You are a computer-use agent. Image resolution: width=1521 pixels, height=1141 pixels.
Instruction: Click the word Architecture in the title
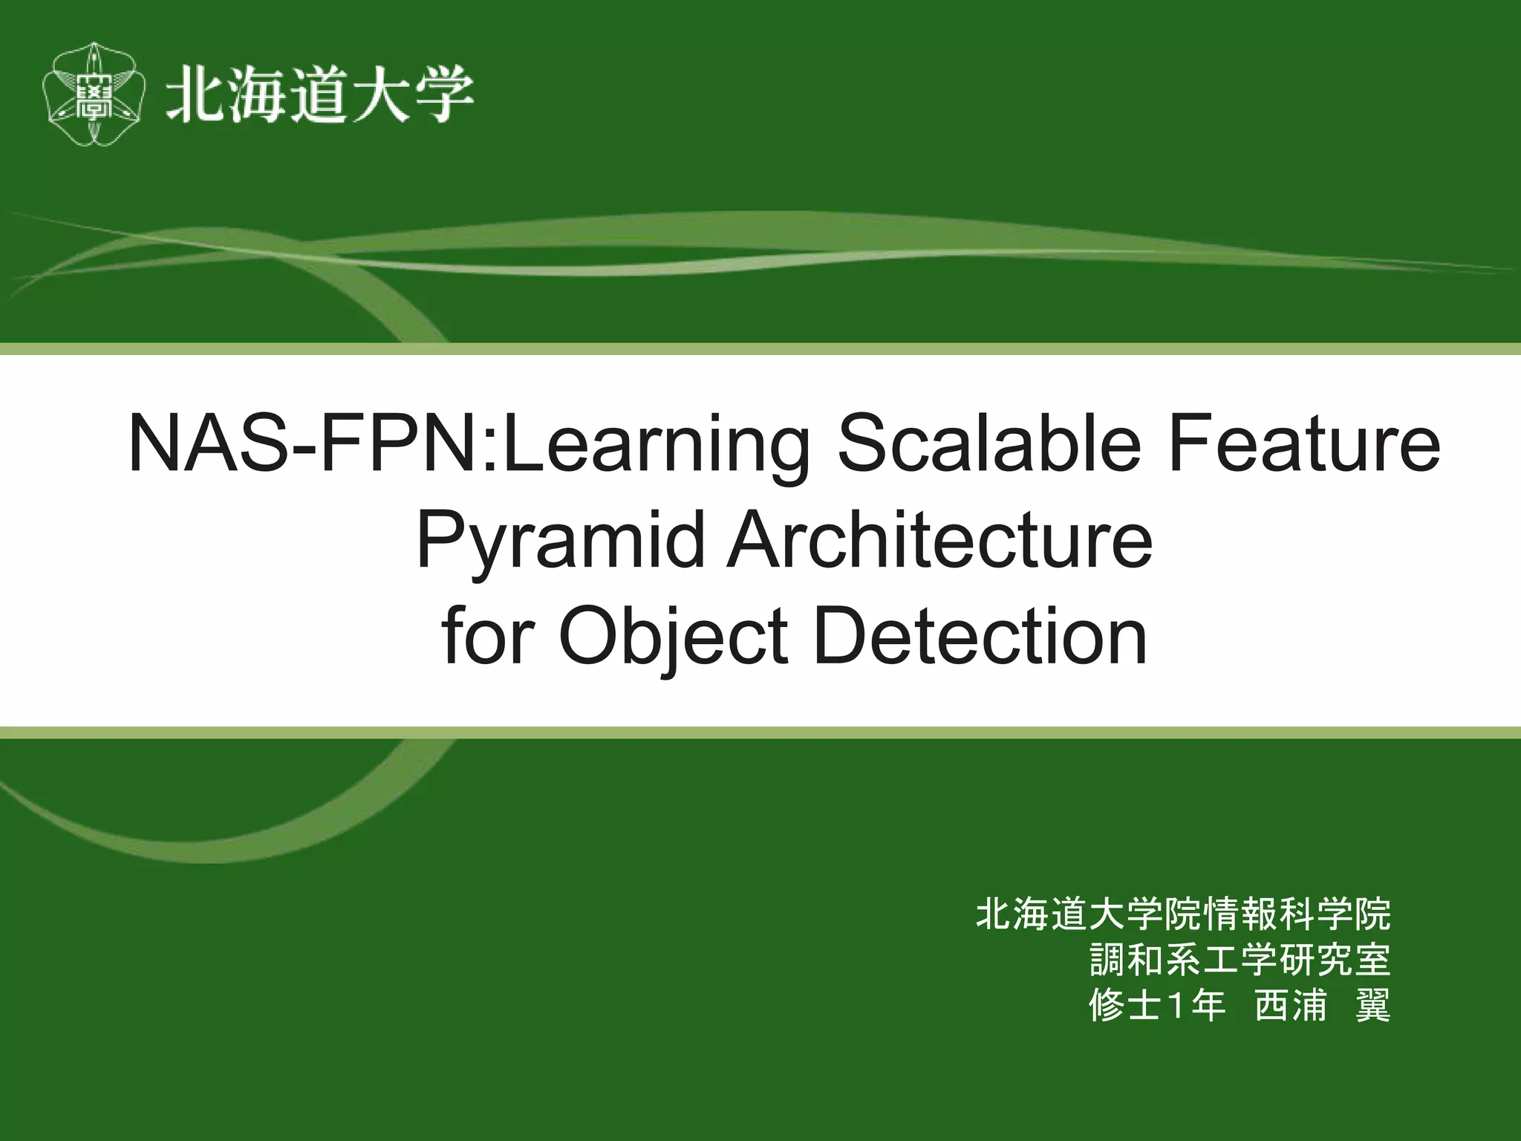(939, 542)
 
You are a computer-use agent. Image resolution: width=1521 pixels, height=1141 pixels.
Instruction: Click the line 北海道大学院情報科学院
(1182, 914)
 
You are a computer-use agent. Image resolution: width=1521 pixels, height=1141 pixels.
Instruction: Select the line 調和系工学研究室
(1240, 960)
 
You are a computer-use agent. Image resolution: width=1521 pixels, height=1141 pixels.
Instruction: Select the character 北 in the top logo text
(192, 95)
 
